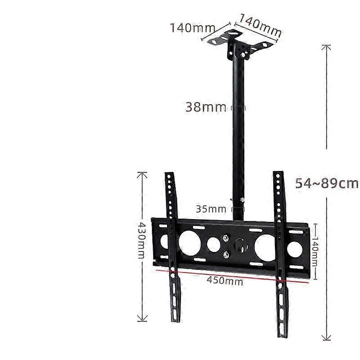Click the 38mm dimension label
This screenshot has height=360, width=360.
206,107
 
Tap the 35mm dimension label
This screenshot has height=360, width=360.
211,209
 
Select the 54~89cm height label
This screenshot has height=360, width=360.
327,183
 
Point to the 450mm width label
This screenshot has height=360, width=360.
225,280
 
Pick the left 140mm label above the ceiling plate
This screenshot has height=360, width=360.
193,28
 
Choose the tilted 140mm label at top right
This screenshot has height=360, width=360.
260,25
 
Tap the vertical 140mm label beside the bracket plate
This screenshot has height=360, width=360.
315,252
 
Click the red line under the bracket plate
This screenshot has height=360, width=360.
232,276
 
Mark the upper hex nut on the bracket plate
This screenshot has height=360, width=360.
226,238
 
